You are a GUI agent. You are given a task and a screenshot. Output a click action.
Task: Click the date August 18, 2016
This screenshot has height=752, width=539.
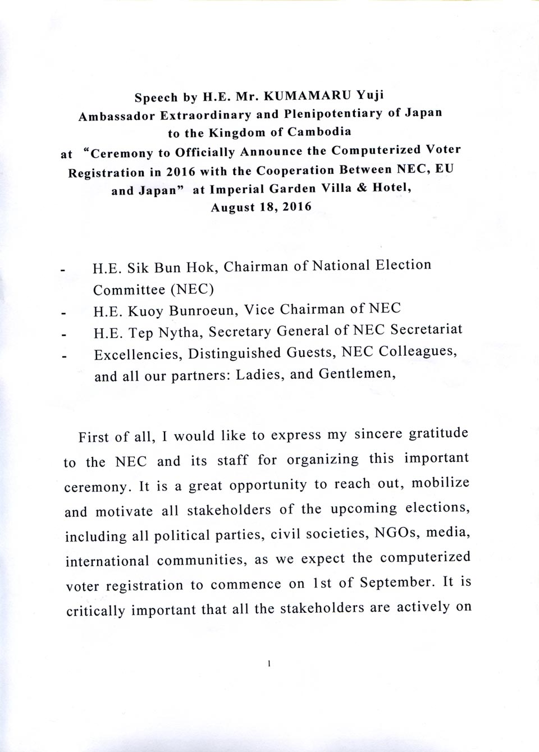tap(261, 207)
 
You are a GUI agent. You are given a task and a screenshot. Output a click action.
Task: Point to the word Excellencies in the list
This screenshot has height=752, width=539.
tap(138, 354)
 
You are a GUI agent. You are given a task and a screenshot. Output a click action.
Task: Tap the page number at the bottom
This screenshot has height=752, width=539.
tap(269, 664)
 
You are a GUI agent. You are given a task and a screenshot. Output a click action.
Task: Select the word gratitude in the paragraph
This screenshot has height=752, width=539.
tap(439, 433)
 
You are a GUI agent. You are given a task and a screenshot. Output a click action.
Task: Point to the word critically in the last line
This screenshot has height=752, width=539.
tap(95, 610)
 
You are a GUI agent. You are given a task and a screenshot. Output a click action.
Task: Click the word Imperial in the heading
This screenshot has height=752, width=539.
tap(236, 189)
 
